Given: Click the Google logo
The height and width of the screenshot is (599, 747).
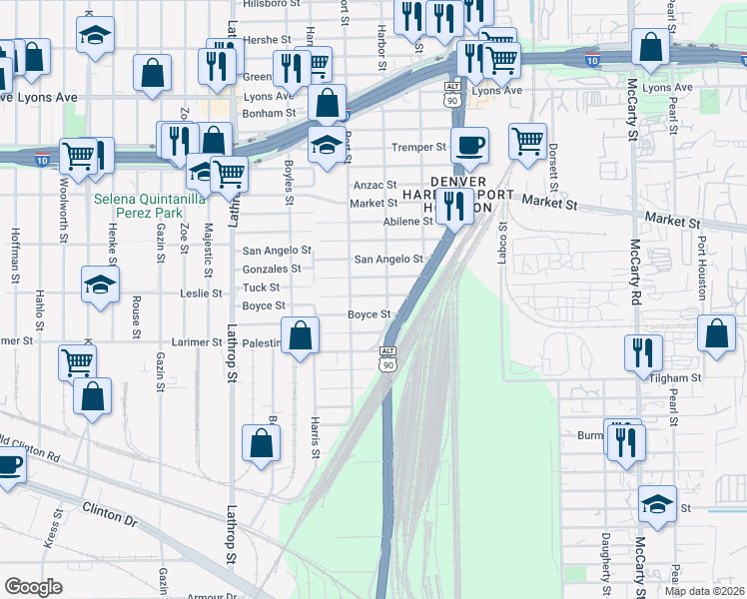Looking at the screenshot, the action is pyautogui.click(x=33, y=587).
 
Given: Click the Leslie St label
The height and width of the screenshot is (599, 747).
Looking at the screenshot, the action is pyautogui.click(x=201, y=294).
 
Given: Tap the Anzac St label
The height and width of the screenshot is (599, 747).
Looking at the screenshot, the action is pyautogui.click(x=375, y=186).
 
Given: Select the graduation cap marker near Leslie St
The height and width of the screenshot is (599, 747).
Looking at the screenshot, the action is pyautogui.click(x=100, y=285).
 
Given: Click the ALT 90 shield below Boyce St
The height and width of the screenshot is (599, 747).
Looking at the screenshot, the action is pyautogui.click(x=387, y=358).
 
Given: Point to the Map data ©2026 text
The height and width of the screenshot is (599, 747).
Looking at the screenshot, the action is pyautogui.click(x=704, y=591).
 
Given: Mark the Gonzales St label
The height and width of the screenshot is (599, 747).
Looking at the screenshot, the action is pyautogui.click(x=271, y=270).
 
